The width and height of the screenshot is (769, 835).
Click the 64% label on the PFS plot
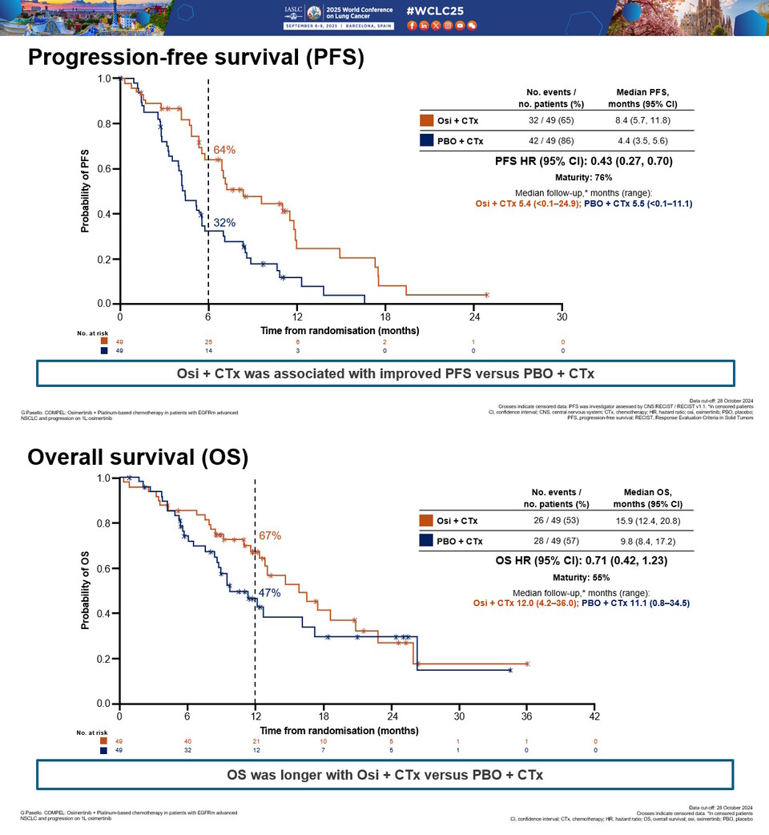[x=224, y=150]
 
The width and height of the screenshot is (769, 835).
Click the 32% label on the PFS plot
[x=224, y=222]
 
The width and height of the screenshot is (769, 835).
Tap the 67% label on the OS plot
[x=270, y=535]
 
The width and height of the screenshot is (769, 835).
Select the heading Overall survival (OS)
[x=138, y=457]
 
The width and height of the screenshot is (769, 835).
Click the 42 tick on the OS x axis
[x=594, y=716]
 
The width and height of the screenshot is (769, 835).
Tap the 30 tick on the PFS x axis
[x=562, y=317]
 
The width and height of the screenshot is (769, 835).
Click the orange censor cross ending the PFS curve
[x=486, y=295]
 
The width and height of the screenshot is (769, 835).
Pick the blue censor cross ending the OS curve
[x=510, y=670]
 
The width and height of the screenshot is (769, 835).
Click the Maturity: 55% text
[x=582, y=577]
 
